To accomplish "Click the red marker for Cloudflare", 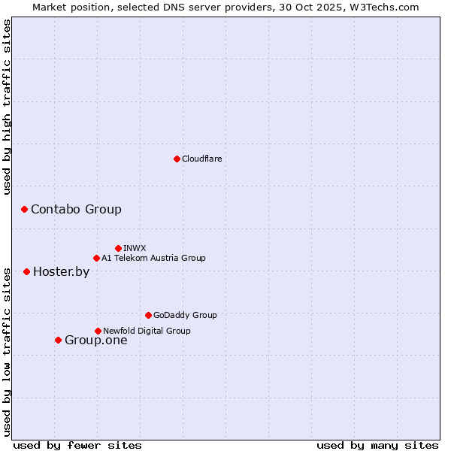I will pyautogui.click(x=177, y=159).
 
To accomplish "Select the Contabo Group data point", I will pyautogui.click(x=24, y=209).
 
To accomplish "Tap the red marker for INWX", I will pyautogui.click(x=118, y=248).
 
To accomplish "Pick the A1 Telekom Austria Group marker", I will pyautogui.click(x=96, y=258).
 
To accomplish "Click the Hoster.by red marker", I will pyautogui.click(x=26, y=271).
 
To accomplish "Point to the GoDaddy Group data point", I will pyautogui.click(x=148, y=315).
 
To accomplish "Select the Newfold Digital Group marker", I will pyautogui.click(x=98, y=331).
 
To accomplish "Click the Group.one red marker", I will pyautogui.click(x=58, y=340).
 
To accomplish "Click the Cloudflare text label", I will pyautogui.click(x=201, y=159).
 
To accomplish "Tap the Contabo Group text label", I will pyautogui.click(x=76, y=209).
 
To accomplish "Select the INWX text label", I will pyautogui.click(x=135, y=248).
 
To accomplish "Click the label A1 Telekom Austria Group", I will pyautogui.click(x=153, y=258).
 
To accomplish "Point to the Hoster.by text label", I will pyautogui.click(x=61, y=271).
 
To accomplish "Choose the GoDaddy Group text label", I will pyautogui.click(x=185, y=315).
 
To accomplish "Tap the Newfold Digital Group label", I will pyautogui.click(x=147, y=331).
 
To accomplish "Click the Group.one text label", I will pyautogui.click(x=95, y=340).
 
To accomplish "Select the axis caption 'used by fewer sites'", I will pyautogui.click(x=77, y=445).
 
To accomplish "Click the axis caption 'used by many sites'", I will pyautogui.click(x=377, y=445).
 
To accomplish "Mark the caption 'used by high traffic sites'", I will pyautogui.click(x=8, y=107).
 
